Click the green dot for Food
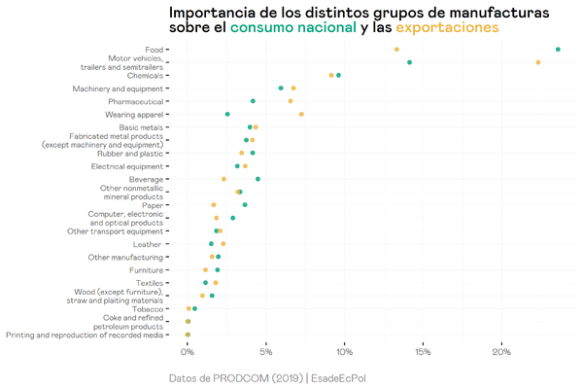[x=558, y=49]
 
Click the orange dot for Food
[x=396, y=49]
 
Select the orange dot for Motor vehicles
[x=538, y=62]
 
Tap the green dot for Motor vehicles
[x=410, y=62]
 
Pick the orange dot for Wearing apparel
[x=301, y=114]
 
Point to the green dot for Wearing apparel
[x=227, y=114]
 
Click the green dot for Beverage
[x=257, y=179]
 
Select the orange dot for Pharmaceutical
[x=291, y=101]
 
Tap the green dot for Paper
[x=245, y=205]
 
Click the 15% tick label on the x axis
[x=424, y=351]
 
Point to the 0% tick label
[x=189, y=351]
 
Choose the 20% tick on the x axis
[x=501, y=351]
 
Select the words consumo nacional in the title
[x=292, y=28]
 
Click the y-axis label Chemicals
[x=144, y=75]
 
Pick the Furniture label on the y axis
[x=144, y=269]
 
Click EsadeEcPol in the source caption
[x=346, y=377]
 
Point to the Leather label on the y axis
[x=147, y=244]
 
